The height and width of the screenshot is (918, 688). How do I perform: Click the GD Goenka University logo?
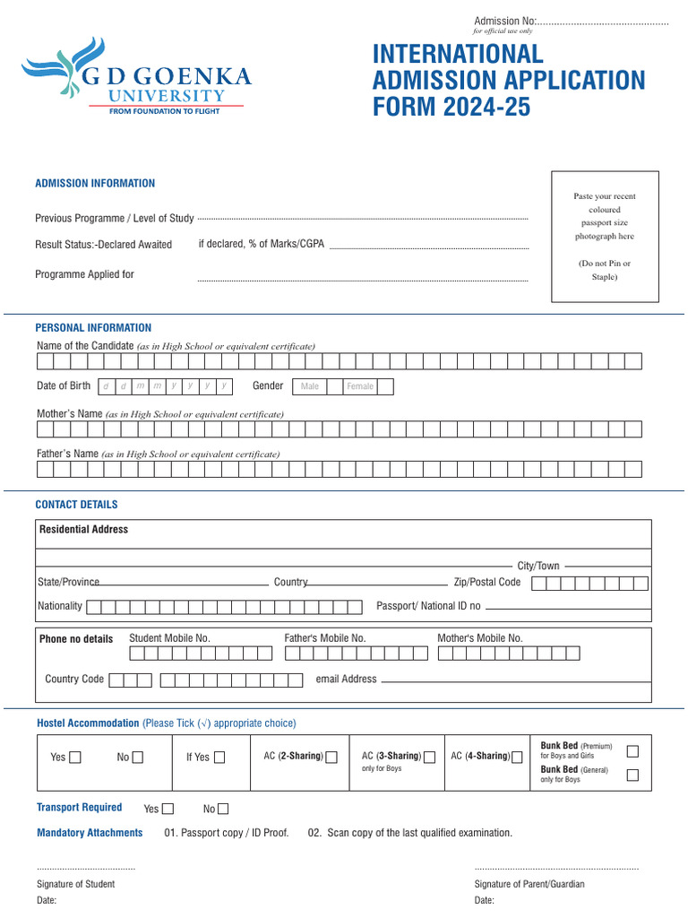[x=137, y=79]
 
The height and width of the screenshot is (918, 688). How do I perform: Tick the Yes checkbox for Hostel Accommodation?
[x=75, y=758]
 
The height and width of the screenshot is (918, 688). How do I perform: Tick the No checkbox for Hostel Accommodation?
[x=137, y=758]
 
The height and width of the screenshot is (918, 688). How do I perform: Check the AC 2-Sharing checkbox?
[x=331, y=758]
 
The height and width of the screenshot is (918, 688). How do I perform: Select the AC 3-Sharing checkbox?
[x=430, y=758]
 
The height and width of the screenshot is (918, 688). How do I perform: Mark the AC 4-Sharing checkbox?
[x=517, y=758]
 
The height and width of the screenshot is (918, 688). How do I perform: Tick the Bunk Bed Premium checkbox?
[x=632, y=751]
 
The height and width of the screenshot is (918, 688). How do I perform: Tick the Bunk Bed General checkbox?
[x=632, y=775]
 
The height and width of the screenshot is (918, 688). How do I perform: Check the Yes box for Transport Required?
[x=168, y=809]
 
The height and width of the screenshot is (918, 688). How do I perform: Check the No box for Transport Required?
[x=223, y=809]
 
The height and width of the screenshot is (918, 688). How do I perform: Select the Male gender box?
[x=310, y=386]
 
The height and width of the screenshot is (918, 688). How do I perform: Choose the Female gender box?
[x=360, y=386]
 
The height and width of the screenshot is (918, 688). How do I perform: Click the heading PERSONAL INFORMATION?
[x=93, y=328]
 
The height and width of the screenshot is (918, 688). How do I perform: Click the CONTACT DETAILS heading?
[x=76, y=505]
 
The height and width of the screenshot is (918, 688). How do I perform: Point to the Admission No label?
[x=503, y=22]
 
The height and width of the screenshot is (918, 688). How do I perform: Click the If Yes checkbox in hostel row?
[x=219, y=758]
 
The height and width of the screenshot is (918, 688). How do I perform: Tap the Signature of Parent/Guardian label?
[x=529, y=884]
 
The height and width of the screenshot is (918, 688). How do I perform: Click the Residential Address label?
[x=83, y=530]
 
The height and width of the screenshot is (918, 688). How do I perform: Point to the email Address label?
[x=346, y=680]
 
